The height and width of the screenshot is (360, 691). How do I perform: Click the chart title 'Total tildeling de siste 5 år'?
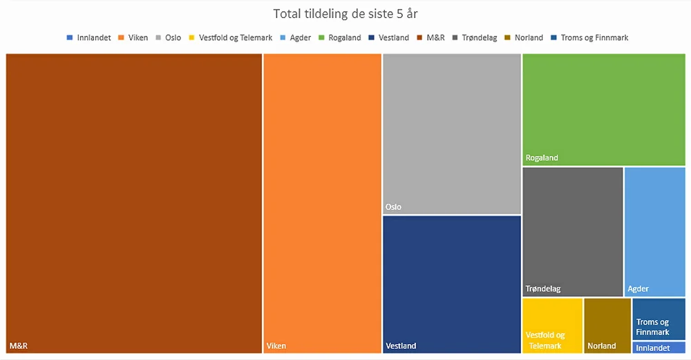point(345,14)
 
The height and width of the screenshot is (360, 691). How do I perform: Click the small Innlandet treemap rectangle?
point(659,348)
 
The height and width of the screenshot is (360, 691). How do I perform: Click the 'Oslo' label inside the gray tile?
point(393,207)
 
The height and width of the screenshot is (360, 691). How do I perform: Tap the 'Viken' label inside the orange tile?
point(276,345)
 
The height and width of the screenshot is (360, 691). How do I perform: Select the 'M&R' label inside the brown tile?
point(18,345)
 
